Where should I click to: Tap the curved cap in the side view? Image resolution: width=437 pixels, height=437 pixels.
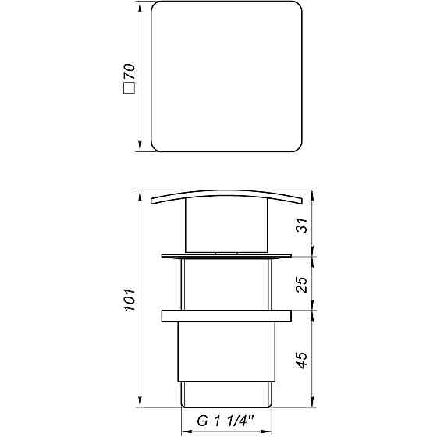(x=226, y=196)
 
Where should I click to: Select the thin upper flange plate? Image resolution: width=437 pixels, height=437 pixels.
(x=226, y=255)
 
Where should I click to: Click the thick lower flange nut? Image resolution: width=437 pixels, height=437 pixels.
(x=226, y=316)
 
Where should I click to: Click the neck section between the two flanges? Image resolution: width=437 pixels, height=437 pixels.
(x=226, y=285)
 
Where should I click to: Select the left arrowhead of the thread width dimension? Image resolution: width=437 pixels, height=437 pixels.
(x=184, y=432)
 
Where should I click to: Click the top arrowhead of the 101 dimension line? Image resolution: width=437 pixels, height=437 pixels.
(x=140, y=194)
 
